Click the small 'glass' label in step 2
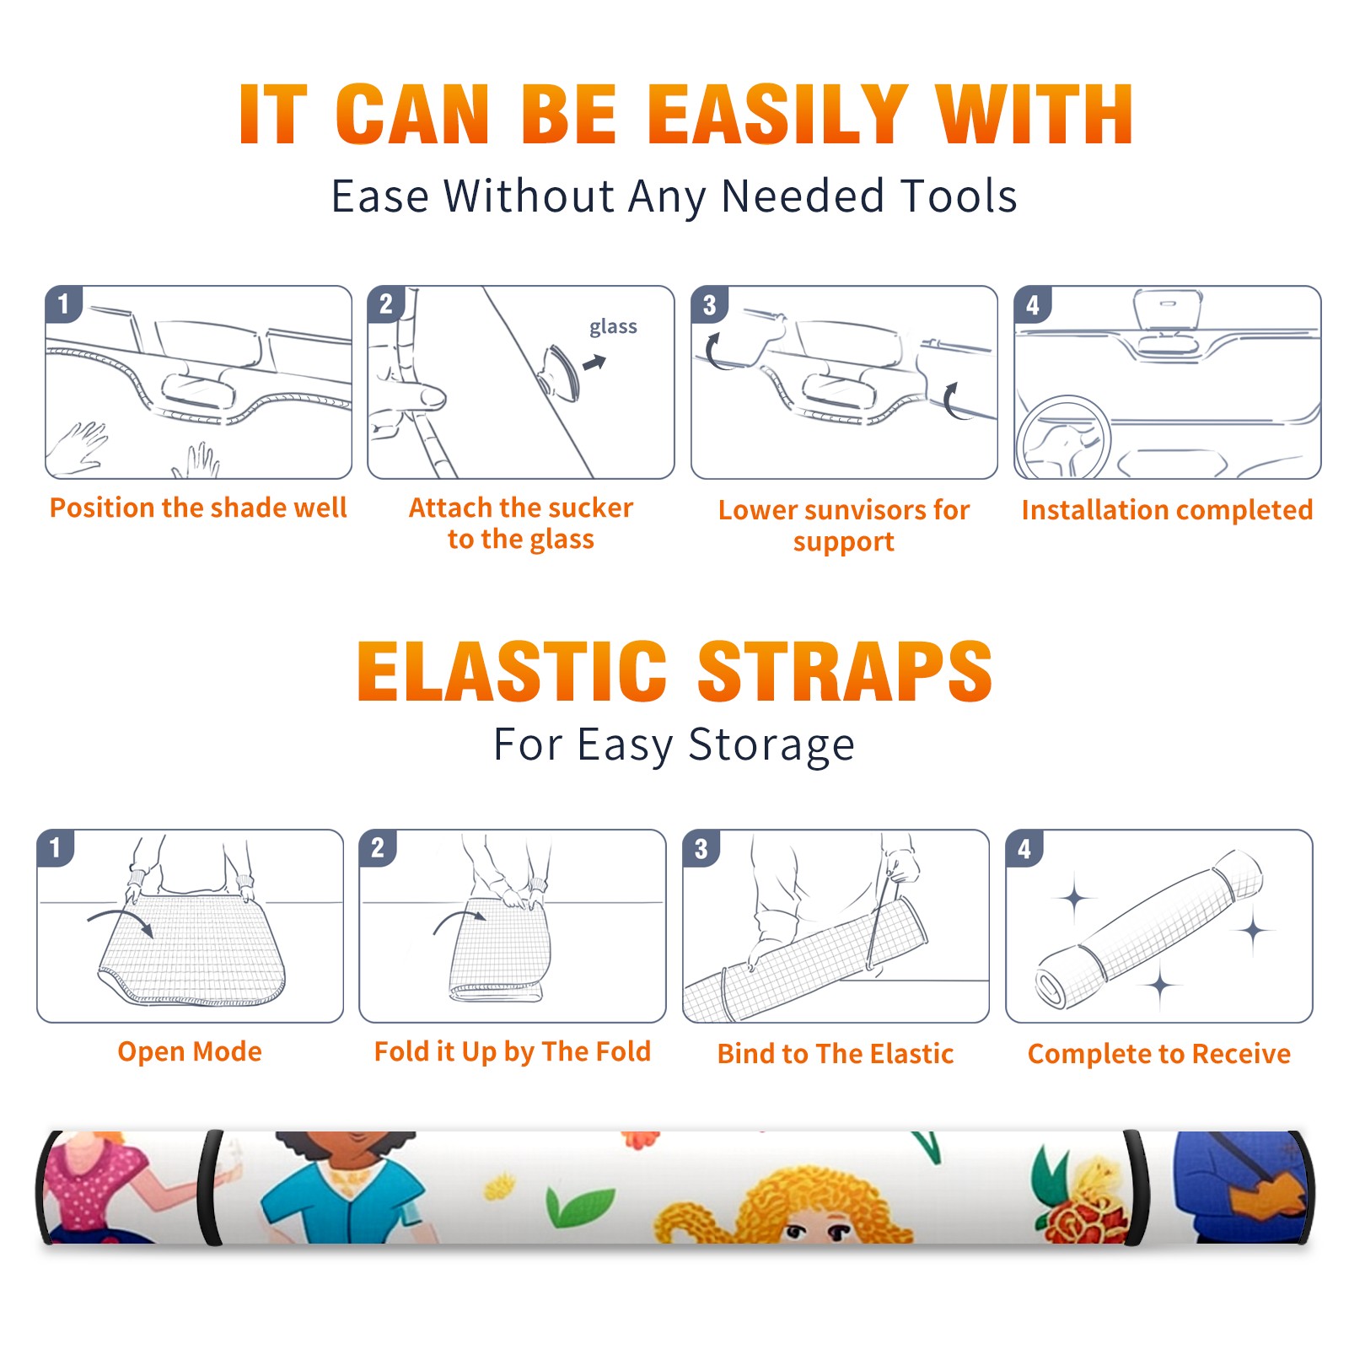(613, 326)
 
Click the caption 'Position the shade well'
(198, 508)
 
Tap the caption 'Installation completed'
(1167, 509)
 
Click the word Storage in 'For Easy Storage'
(771, 745)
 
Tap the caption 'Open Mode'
(190, 1051)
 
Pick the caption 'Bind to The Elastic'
(836, 1054)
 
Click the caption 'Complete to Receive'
(1159, 1054)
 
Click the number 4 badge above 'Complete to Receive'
(1024, 848)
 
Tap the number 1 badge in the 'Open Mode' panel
(56, 847)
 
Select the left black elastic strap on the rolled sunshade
(210, 1187)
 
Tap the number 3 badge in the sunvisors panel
(709, 304)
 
